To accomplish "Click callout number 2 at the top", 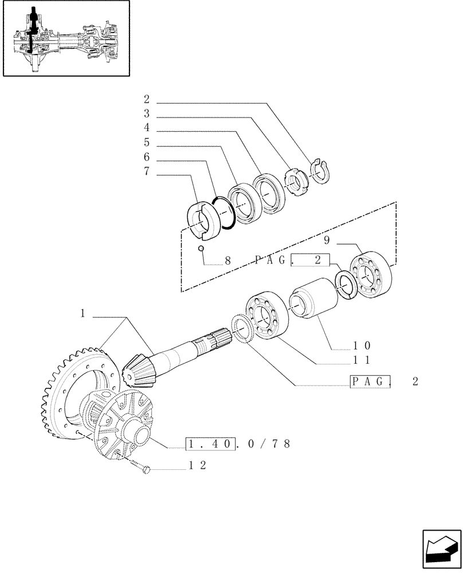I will pyautogui.click(x=147, y=99).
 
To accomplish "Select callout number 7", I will pyautogui.click(x=147, y=171).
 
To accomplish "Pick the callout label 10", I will pyautogui.click(x=362, y=346).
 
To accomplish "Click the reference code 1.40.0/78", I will pyautogui.click(x=238, y=444).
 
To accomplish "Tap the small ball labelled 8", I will pyautogui.click(x=201, y=248).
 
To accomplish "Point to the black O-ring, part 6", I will pyautogui.click(x=223, y=213).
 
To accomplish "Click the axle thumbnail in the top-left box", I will pyautogui.click(x=65, y=38).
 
